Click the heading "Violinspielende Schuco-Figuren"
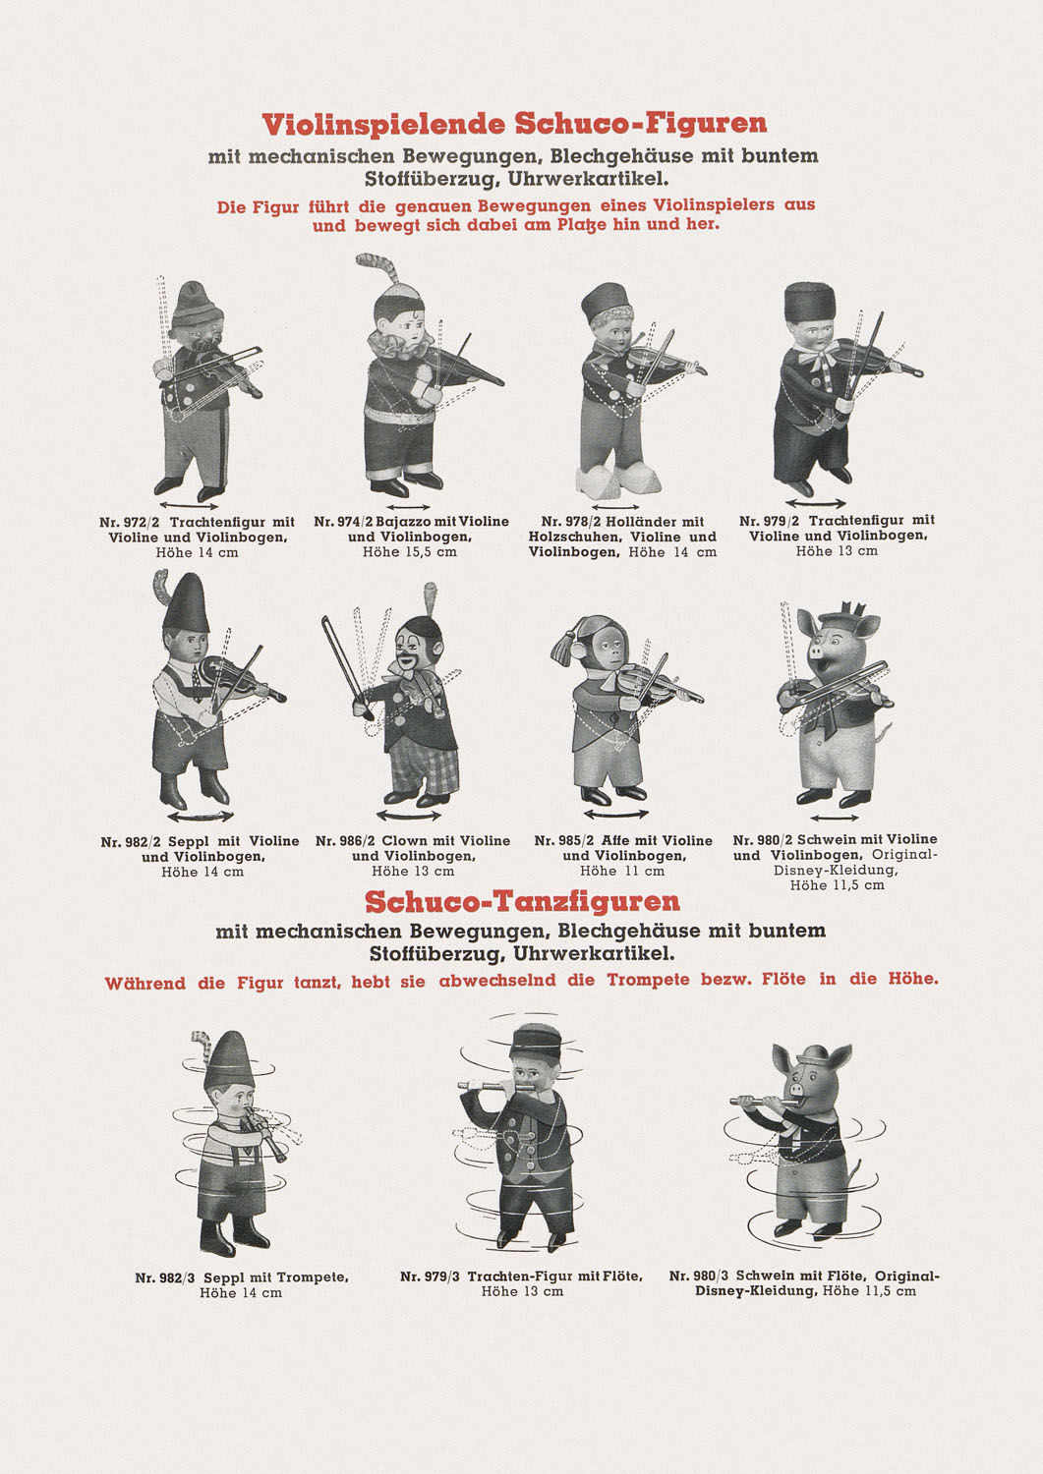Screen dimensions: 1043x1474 514,124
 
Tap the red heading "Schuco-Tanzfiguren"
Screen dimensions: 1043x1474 521,901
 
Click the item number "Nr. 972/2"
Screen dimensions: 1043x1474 130,523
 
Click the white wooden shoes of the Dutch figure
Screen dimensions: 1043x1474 615,481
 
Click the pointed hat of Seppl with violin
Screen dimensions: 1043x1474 187,602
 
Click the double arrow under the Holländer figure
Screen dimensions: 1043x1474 615,507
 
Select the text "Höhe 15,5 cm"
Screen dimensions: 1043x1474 410,551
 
